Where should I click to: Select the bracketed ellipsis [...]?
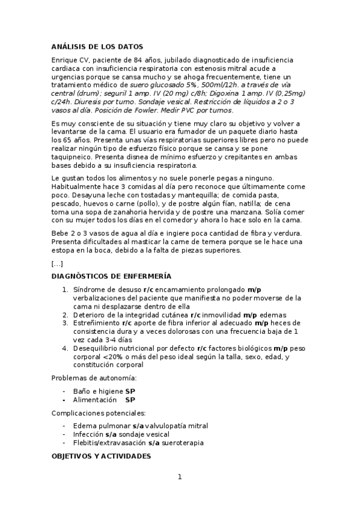(57, 263)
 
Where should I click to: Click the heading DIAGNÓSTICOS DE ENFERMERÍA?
(111, 276)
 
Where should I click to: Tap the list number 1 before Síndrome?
(65, 289)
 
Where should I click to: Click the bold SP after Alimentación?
(130, 399)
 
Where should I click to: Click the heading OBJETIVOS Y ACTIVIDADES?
(100, 457)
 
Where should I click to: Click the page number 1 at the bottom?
(179, 478)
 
